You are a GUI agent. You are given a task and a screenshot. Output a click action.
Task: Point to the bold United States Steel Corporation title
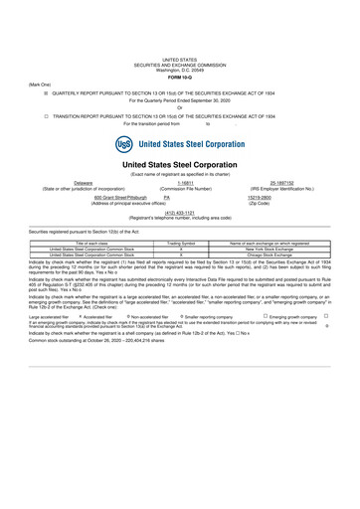coord(179,165)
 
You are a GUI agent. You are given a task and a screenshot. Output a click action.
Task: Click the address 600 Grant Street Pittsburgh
coord(96,197)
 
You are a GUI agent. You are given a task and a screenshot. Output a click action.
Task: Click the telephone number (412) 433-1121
coord(179,212)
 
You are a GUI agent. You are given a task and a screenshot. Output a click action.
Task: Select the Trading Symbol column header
coord(180,242)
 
